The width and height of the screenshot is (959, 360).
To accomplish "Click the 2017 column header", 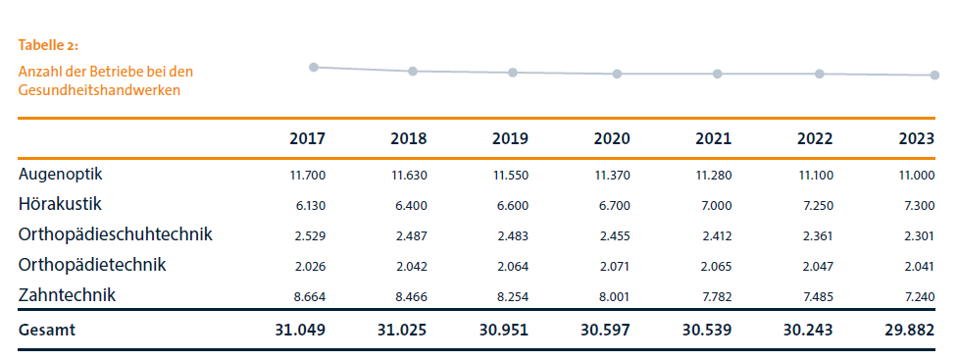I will pyautogui.click(x=307, y=139).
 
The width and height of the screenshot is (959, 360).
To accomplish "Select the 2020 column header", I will pyautogui.click(x=611, y=139).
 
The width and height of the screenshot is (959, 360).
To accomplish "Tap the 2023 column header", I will pyautogui.click(x=915, y=139).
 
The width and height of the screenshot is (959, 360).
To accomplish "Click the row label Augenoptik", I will pyautogui.click(x=61, y=175).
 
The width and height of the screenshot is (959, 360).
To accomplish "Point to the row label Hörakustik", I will pyautogui.click(x=60, y=204).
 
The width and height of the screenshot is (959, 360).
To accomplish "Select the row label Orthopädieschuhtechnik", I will pyautogui.click(x=116, y=234).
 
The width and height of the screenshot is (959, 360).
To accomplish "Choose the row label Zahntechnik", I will pyautogui.click(x=67, y=294).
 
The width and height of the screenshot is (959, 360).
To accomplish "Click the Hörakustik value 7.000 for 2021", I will pyautogui.click(x=714, y=205).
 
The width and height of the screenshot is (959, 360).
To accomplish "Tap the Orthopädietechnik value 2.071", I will pyautogui.click(x=613, y=266).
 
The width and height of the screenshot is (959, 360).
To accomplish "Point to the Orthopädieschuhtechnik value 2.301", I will pyautogui.click(x=917, y=235).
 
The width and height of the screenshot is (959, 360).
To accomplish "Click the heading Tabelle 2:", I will pyautogui.click(x=48, y=46).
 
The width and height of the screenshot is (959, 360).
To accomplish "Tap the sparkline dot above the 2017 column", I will pyautogui.click(x=314, y=67).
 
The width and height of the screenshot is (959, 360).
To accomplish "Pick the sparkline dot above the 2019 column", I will pyautogui.click(x=513, y=73).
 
